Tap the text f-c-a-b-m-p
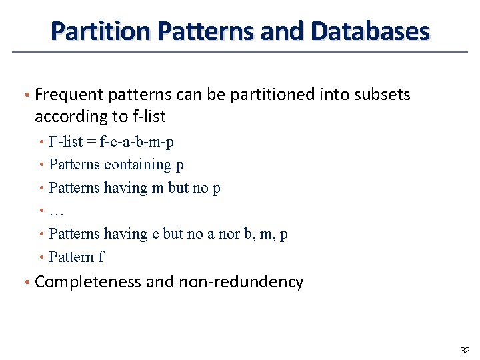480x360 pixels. click(x=137, y=141)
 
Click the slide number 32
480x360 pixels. click(x=465, y=350)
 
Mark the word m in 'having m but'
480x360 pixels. click(x=158, y=188)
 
